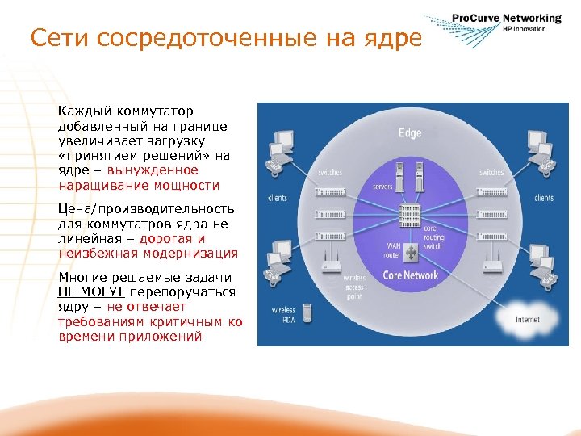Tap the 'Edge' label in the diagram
409,133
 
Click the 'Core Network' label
410,275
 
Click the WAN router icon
411,253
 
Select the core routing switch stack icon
410,215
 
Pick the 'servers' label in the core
382,187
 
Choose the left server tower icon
398,174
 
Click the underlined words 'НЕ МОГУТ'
90,291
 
